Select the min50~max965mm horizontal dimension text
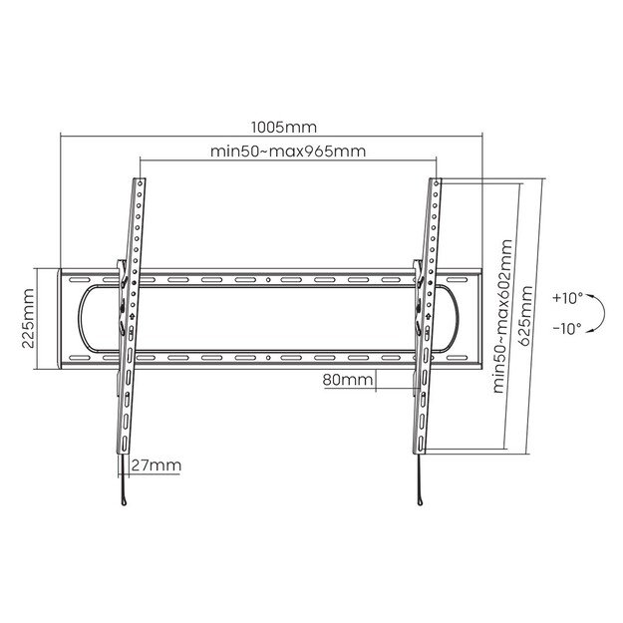tap(287, 152)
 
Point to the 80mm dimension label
tap(348, 380)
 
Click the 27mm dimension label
tap(156, 466)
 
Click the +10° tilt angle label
tap(567, 297)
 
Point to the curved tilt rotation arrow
tap(595, 314)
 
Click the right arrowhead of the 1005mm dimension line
tap(479, 138)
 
